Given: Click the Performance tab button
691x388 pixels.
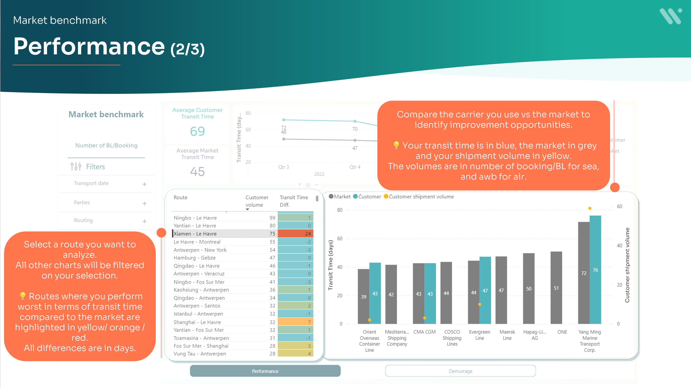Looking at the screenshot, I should (x=265, y=371).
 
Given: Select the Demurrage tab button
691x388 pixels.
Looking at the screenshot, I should (x=460, y=371).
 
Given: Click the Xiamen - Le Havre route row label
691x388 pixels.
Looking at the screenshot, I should (x=195, y=233).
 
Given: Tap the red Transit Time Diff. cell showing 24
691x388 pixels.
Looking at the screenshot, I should (x=295, y=233).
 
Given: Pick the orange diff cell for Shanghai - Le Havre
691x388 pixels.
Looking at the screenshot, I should (x=295, y=322).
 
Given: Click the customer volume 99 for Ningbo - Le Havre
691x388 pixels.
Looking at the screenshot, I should (x=272, y=218).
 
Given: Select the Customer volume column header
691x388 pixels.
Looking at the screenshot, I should (x=257, y=201).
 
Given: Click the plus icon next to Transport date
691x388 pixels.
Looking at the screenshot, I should (x=145, y=184).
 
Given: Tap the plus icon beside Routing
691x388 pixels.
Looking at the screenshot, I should (x=145, y=221).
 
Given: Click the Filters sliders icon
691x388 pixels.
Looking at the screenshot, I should (x=76, y=166).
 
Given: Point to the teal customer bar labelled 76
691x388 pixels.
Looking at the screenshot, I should (x=595, y=269).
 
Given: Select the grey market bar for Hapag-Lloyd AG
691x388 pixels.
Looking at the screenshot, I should (x=528, y=288).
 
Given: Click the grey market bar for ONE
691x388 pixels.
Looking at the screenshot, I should (x=556, y=287).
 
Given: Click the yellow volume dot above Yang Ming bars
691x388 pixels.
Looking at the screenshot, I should (x=590, y=208).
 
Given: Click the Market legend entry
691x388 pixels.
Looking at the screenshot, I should (x=340, y=197).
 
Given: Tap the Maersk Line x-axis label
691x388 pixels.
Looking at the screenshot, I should (x=507, y=335).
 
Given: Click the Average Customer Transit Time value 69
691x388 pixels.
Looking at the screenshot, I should (x=198, y=131).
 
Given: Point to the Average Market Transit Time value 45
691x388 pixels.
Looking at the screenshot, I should (x=198, y=171).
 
